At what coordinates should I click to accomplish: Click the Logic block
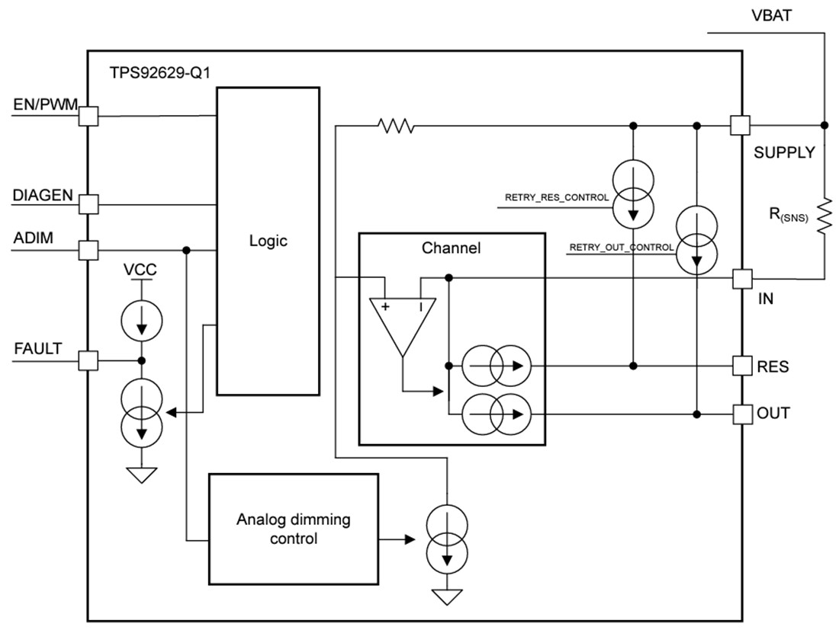point(268,241)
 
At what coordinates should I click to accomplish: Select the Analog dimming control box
point(294,529)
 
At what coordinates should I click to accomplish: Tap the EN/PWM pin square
point(89,116)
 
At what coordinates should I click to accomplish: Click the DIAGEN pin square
point(89,204)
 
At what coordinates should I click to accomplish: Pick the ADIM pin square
point(89,249)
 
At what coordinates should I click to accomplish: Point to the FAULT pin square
point(89,360)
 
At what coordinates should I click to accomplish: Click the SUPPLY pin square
point(740,125)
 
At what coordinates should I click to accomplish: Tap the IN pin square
point(740,279)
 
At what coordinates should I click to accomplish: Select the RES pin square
point(740,366)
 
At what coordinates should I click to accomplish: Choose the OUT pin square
point(740,414)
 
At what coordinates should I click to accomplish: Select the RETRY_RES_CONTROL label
point(557,197)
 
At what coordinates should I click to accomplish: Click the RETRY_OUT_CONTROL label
point(621,247)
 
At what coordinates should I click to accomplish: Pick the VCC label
point(141,271)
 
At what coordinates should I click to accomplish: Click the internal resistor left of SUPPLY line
point(397,125)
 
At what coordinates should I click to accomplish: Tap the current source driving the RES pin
point(495,366)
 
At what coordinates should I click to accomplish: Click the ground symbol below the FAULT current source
point(141,475)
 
